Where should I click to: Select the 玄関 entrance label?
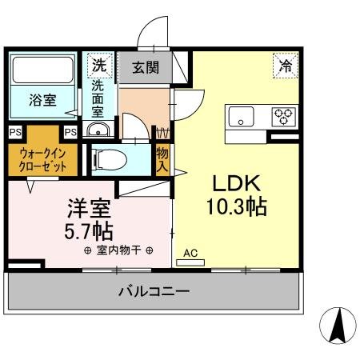pyautogui.click(x=145, y=67)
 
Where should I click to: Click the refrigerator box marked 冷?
pyautogui.click(x=284, y=66)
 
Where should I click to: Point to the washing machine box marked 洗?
pyautogui.click(x=99, y=63)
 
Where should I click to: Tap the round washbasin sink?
pyautogui.click(x=97, y=132)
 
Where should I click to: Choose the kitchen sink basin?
pyautogui.click(x=241, y=117)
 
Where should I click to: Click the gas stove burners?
pyautogui.click(x=282, y=117)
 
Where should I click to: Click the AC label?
pyautogui.click(x=190, y=254)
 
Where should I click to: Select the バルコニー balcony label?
pyautogui.click(x=154, y=291)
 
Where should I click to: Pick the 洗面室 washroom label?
pyautogui.click(x=99, y=97)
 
